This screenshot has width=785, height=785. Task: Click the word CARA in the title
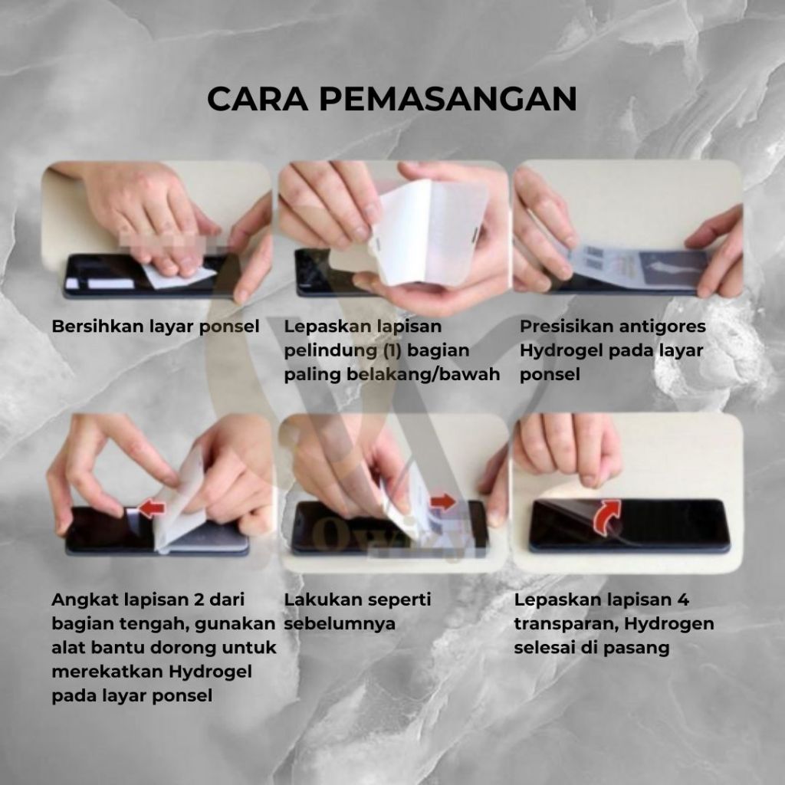(258, 99)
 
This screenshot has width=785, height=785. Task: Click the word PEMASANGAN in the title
(448, 99)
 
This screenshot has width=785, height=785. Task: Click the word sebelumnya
(340, 624)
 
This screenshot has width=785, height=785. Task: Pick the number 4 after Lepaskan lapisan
(683, 599)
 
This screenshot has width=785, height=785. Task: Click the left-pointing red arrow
(151, 509)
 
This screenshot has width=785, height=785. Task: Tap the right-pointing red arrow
(443, 501)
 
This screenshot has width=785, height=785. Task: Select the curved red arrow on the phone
(606, 516)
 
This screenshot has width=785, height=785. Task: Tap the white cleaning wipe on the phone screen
(180, 276)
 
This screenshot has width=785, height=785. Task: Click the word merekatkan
(107, 672)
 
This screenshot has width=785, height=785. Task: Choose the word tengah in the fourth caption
(153, 624)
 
